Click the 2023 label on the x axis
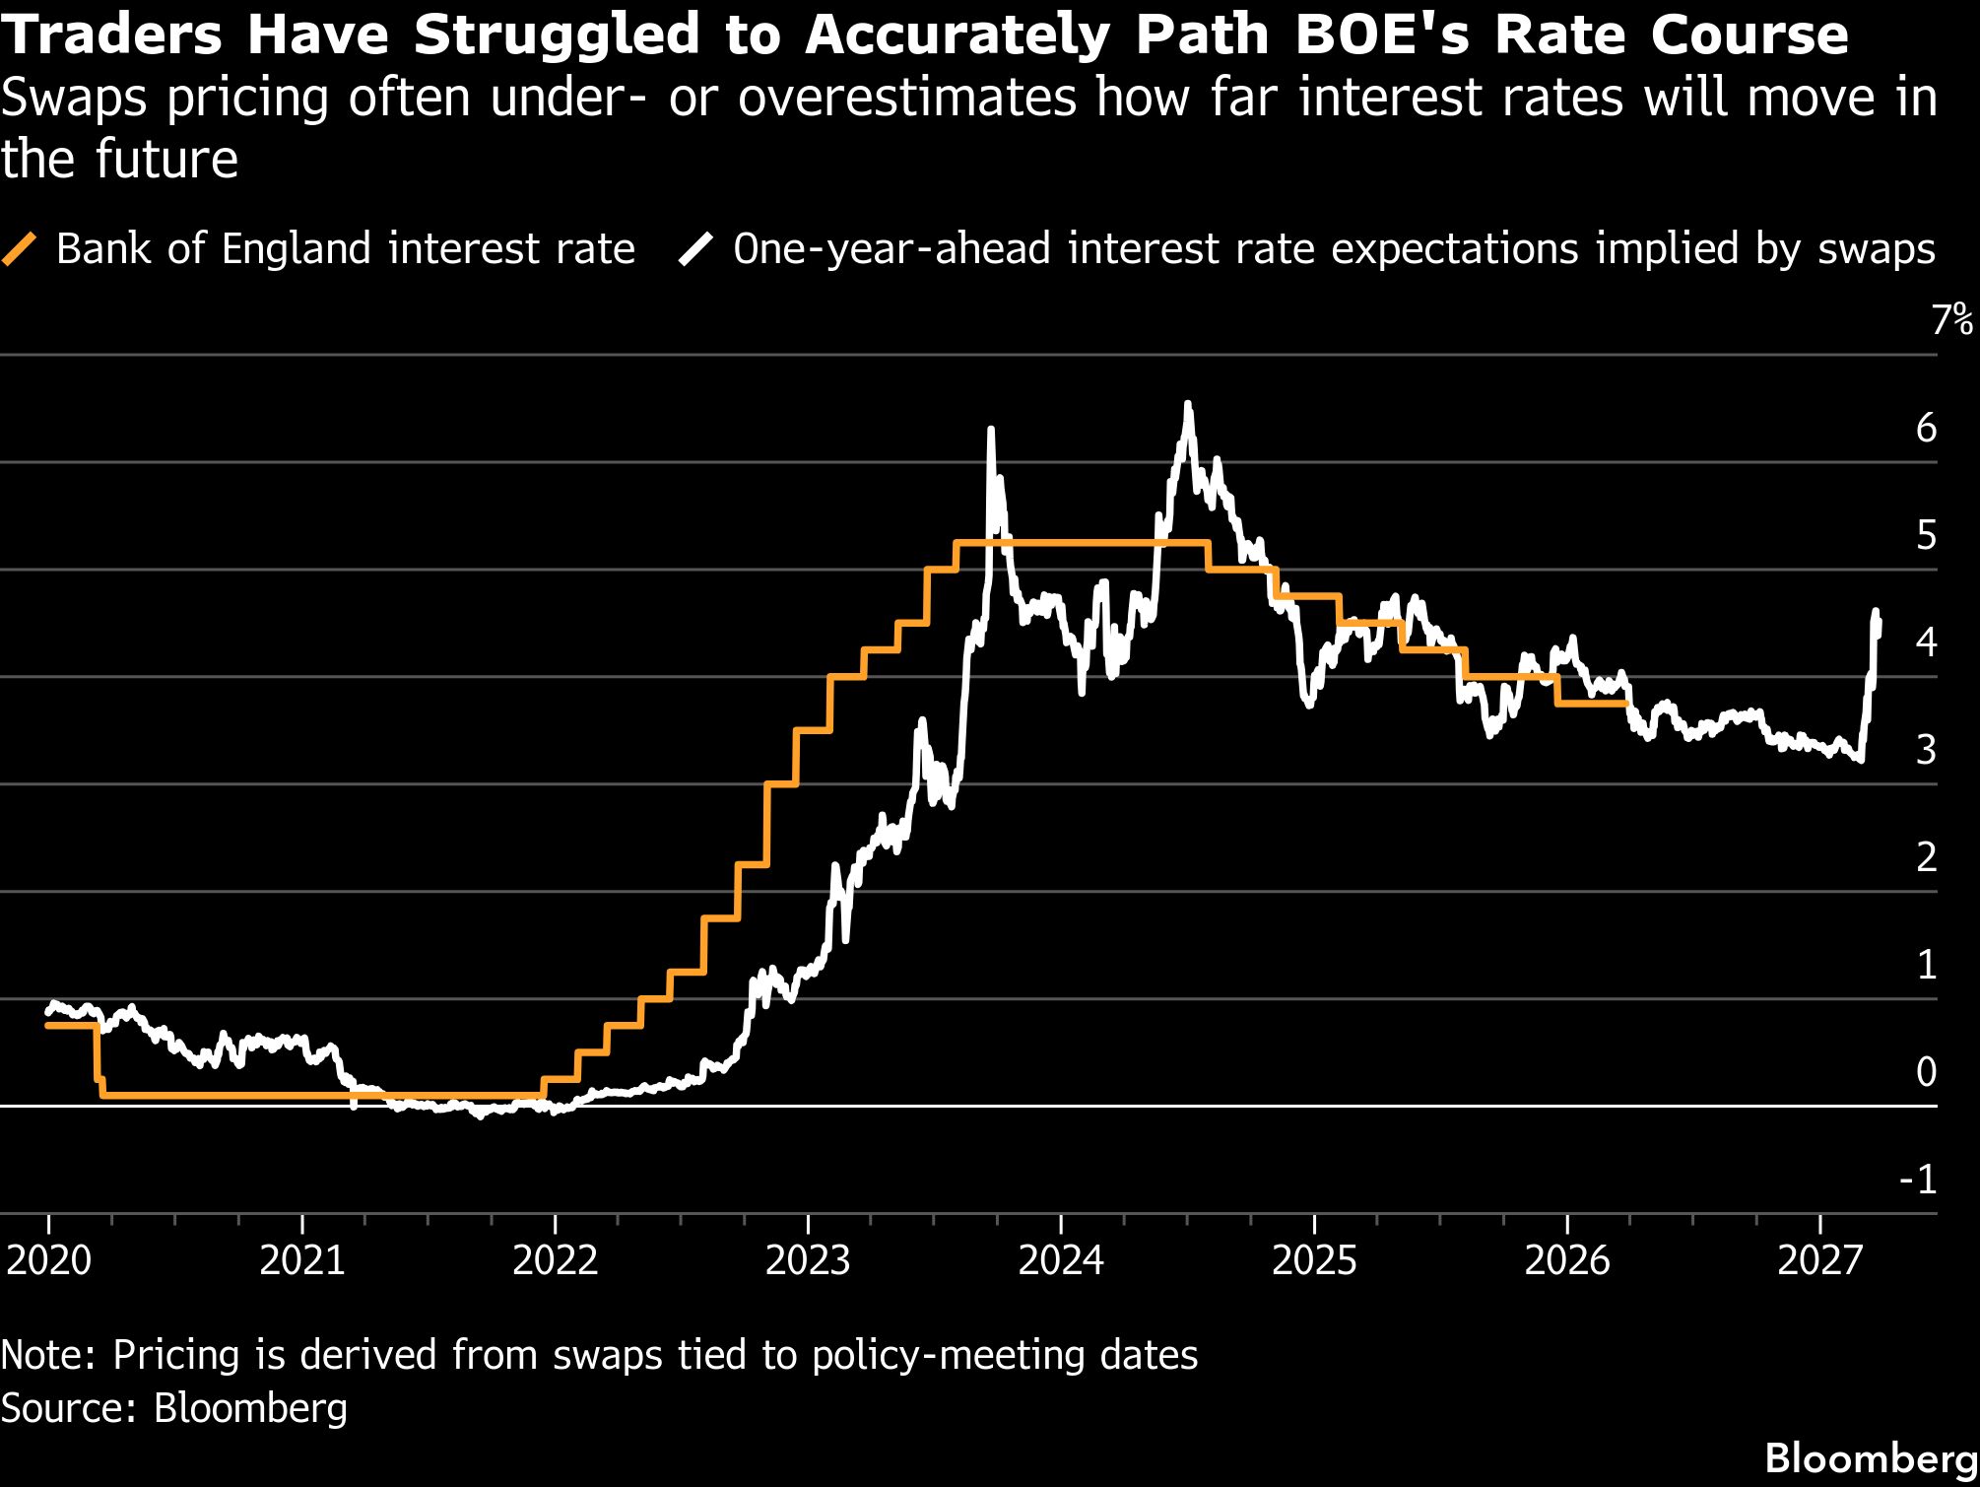pos(808,1261)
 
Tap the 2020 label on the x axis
pos(49,1261)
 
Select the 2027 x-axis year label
pos(1820,1261)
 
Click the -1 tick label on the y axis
pos(1918,1180)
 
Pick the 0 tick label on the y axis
pos(1926,1072)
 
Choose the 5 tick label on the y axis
pos(1926,536)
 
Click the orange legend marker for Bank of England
pos(20,249)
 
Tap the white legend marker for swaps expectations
pos(695,249)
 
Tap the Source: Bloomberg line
pos(173,1408)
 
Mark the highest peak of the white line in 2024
pos(1188,403)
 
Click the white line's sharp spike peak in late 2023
pos(990,429)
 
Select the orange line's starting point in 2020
pos(48,1026)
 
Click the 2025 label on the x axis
pos(1314,1261)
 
